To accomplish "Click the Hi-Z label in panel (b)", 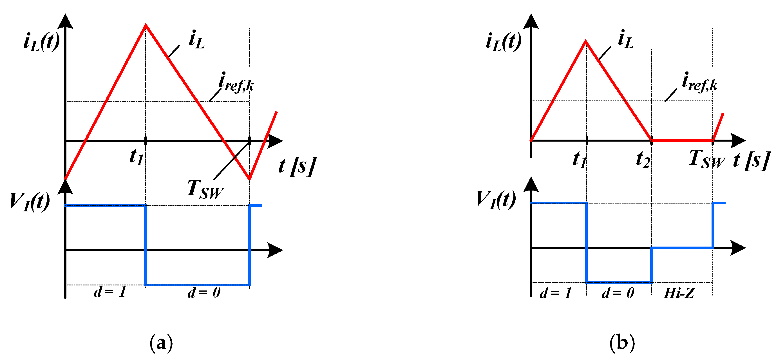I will pyautogui.click(x=679, y=293).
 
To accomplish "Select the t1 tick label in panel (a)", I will pyautogui.click(x=137, y=157).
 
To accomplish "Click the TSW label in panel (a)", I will pyautogui.click(x=205, y=189).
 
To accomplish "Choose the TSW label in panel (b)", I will pyautogui.click(x=707, y=159).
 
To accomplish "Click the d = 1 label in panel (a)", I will pyautogui.click(x=110, y=292).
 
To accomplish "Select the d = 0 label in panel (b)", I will pyautogui.click(x=618, y=293).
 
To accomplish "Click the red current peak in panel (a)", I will pyautogui.click(x=146, y=25).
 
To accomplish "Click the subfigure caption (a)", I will pyautogui.click(x=161, y=343).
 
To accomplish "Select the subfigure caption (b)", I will pyautogui.click(x=622, y=343).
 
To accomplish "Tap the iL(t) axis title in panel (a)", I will pyautogui.click(x=42, y=42).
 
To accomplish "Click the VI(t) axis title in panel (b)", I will pyautogui.click(x=496, y=200).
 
